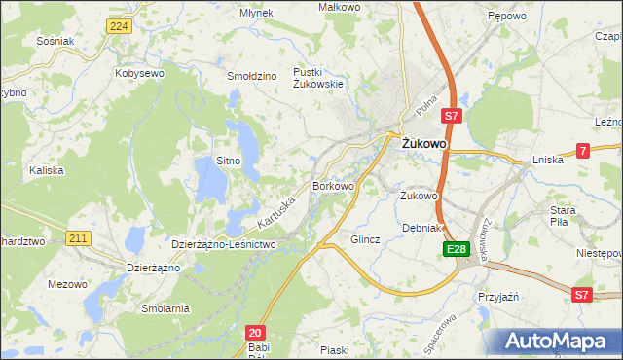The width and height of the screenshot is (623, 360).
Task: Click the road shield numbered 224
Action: (x=119, y=26)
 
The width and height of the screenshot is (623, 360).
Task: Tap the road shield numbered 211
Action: (x=80, y=236)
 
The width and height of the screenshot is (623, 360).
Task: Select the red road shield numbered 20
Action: (x=254, y=332)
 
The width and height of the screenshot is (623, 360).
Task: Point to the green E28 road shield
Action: (x=458, y=250)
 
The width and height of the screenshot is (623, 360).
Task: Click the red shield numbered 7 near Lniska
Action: (x=582, y=150)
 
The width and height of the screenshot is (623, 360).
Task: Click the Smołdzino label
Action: (x=252, y=75)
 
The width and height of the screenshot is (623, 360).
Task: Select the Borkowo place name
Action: (x=333, y=185)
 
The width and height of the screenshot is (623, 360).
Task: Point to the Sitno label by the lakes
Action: (x=228, y=160)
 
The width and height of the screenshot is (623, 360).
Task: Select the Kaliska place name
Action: (x=47, y=170)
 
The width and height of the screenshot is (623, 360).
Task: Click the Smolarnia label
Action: (x=164, y=308)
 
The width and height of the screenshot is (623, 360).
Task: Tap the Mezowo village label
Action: (x=66, y=284)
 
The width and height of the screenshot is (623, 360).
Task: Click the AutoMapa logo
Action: (x=560, y=342)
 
